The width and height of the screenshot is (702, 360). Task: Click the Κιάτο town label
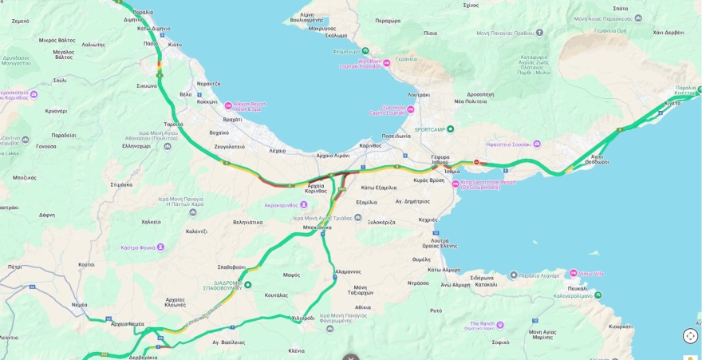(x=175, y=45)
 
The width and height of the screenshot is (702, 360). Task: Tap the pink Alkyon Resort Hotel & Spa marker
(x=228, y=105)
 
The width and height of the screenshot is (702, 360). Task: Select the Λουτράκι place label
(x=418, y=94)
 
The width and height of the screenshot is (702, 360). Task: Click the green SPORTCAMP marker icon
(x=450, y=129)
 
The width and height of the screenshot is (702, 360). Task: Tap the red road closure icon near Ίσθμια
(x=476, y=162)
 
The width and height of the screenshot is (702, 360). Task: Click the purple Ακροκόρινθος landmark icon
(x=303, y=205)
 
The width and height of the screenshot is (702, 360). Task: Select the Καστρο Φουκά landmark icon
(x=160, y=247)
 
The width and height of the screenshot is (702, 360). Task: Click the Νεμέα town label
(x=80, y=304)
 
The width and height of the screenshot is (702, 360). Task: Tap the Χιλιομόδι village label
(x=303, y=318)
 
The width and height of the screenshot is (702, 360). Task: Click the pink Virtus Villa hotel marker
(x=573, y=274)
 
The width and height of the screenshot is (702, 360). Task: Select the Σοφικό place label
(x=500, y=342)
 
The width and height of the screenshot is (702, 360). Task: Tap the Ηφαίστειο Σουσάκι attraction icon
(x=537, y=144)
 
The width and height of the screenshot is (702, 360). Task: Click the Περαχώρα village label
(x=388, y=21)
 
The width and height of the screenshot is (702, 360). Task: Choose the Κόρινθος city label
(x=370, y=145)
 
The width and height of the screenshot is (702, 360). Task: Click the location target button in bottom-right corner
(x=690, y=336)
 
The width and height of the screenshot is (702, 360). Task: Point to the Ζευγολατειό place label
(x=229, y=147)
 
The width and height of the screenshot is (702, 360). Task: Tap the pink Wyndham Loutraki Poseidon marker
(x=387, y=63)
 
